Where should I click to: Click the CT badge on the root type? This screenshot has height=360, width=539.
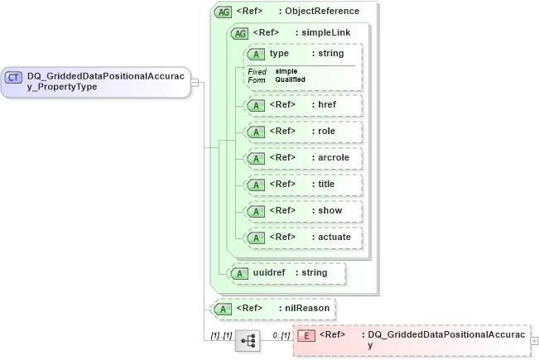pos(14,78)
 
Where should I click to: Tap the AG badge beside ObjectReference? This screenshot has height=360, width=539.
pos(223,12)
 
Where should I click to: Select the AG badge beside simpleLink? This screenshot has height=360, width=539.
pos(239,33)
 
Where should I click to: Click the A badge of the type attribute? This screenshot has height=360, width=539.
pos(257,54)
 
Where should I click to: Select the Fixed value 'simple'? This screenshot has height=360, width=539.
pos(286,71)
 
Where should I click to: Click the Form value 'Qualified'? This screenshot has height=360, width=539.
pos(290,79)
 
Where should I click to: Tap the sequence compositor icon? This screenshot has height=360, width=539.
pos(247,340)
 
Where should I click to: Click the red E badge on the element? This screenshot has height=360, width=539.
pos(306,335)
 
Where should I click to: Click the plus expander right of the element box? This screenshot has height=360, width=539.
pos(534,340)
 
